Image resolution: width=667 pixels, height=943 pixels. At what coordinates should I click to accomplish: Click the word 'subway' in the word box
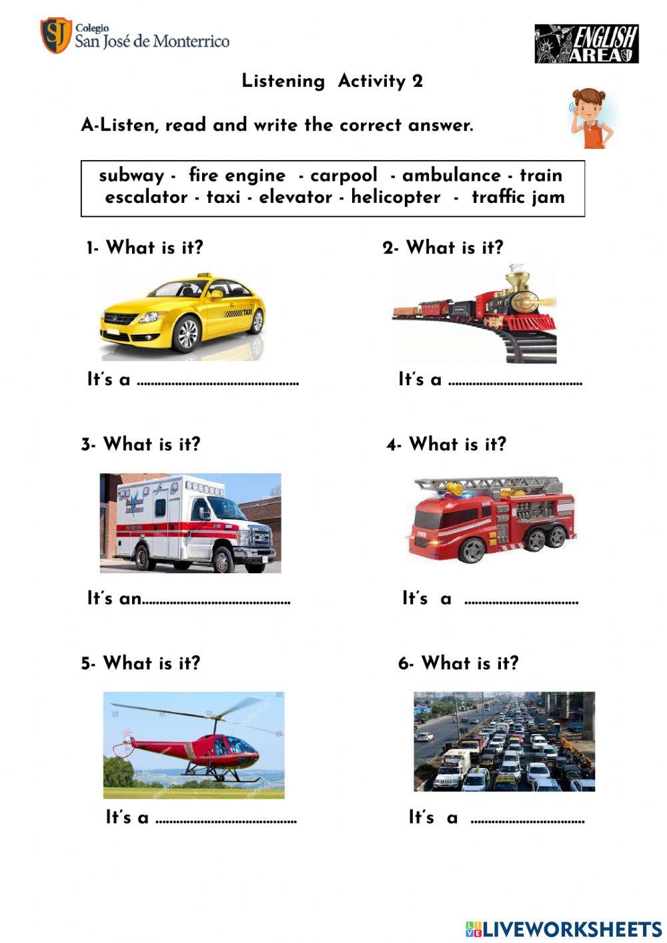tap(131, 176)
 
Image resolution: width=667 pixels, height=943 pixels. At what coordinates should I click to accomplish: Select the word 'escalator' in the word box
tap(146, 198)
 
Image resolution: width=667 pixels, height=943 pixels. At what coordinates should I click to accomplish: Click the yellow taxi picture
tap(183, 314)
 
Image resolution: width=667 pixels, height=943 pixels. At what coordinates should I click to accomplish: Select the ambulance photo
tap(190, 523)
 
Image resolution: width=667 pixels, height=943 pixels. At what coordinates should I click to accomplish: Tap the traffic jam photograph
tap(504, 741)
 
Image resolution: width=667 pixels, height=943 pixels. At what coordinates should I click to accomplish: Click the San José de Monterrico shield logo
tap(56, 35)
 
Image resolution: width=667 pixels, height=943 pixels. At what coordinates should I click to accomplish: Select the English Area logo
tap(586, 44)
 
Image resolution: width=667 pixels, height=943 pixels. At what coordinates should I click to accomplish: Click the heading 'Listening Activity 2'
tap(332, 81)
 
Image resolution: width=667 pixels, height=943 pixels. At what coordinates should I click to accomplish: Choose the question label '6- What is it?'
tap(458, 663)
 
